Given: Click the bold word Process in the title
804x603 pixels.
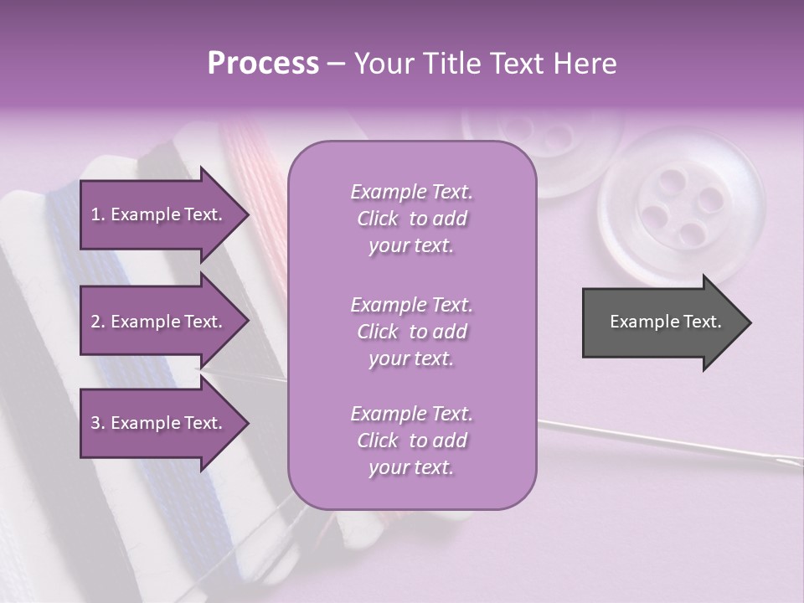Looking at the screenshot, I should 263,64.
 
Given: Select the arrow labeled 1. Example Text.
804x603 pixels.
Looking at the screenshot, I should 159,214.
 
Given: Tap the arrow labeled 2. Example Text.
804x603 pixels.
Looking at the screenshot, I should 159,322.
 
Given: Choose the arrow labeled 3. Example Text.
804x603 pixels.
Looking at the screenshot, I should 159,423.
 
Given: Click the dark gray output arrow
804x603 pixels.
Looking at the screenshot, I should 662,322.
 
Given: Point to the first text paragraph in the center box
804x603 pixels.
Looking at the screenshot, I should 411,219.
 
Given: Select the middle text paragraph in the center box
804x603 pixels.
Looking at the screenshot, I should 411,332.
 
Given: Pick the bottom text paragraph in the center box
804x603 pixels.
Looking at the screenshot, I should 411,441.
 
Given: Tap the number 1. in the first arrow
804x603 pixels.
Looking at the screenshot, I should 98,214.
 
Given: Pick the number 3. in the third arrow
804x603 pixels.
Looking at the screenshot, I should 98,423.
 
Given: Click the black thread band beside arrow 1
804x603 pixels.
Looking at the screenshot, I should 167,156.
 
